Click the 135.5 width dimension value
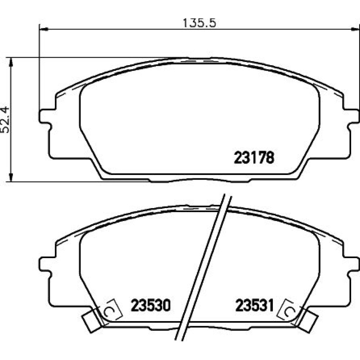(199, 23)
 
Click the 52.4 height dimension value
(5, 120)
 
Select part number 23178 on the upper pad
(254, 158)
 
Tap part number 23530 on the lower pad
(150, 305)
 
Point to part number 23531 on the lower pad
(255, 305)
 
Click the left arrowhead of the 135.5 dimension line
(44, 29)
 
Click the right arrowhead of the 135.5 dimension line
(355, 28)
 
